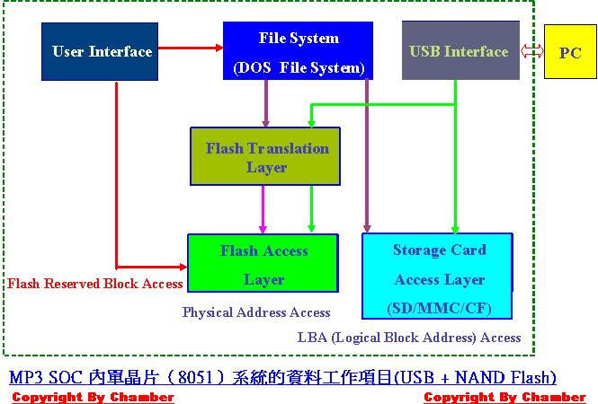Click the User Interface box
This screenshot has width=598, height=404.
pyautogui.click(x=102, y=52)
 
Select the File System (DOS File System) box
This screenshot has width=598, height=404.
pyautogui.click(x=298, y=52)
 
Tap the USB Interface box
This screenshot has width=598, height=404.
pyautogui.click(x=460, y=52)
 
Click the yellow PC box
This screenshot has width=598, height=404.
pyautogui.click(x=569, y=53)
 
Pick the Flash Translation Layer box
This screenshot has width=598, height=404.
pyautogui.click(x=266, y=157)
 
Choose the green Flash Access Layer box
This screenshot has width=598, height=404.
pyautogui.click(x=263, y=264)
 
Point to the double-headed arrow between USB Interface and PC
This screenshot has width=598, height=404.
pyautogui.click(x=531, y=52)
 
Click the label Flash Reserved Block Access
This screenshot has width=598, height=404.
pyautogui.click(x=95, y=284)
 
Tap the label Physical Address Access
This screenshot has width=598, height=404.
pyautogui.click(x=256, y=312)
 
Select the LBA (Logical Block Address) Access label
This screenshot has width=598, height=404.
pyautogui.click(x=409, y=338)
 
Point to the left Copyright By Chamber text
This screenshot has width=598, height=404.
pyautogui.click(x=93, y=397)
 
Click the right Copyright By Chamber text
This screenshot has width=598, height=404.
pyautogui.click(x=504, y=397)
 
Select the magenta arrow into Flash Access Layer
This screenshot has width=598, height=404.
pyautogui.click(x=263, y=210)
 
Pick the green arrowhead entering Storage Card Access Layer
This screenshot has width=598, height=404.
pyautogui.click(x=455, y=227)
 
